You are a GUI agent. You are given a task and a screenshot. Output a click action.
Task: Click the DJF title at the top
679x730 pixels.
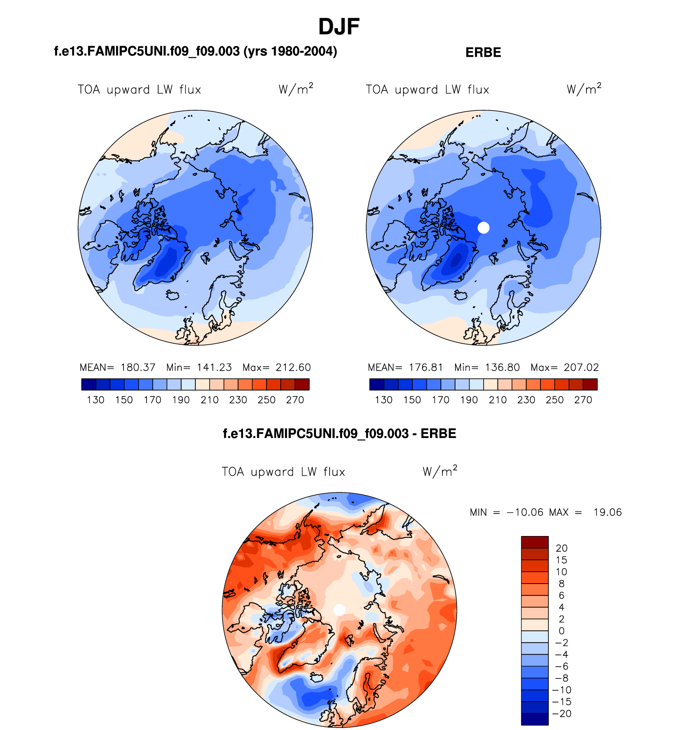pos(339,27)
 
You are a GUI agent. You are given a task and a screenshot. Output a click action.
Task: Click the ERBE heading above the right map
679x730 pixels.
pos(483,52)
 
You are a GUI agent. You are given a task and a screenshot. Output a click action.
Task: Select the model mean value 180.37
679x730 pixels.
pos(138,367)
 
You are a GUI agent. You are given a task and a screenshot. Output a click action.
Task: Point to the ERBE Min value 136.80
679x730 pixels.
pos(502,367)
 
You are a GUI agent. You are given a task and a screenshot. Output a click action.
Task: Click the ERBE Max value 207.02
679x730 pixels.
pos(581,367)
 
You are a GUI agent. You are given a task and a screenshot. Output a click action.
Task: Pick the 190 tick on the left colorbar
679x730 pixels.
pos(181,400)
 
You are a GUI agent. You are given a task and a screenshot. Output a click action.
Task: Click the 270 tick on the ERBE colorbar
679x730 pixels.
pos(583,400)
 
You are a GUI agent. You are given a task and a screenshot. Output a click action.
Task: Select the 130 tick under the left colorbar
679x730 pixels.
pos(95,400)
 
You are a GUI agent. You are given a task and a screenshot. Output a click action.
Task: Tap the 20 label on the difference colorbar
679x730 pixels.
pos(561,548)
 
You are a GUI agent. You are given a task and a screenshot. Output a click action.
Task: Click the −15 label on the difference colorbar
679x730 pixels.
pos(561,701)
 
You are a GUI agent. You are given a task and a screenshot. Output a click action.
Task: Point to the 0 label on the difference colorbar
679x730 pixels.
pos(561,631)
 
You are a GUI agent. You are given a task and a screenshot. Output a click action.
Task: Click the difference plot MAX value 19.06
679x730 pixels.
pos(608,512)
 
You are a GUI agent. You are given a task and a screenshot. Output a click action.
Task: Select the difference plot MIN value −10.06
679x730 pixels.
pos(525,512)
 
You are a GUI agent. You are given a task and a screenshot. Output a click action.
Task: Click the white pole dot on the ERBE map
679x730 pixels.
pos(483,228)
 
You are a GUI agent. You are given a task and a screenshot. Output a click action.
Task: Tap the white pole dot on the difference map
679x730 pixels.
pos(339,610)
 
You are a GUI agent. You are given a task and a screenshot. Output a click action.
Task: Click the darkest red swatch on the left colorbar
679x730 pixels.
pos(302,384)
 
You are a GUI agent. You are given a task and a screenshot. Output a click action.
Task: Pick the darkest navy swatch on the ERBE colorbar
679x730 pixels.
pos(376,384)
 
